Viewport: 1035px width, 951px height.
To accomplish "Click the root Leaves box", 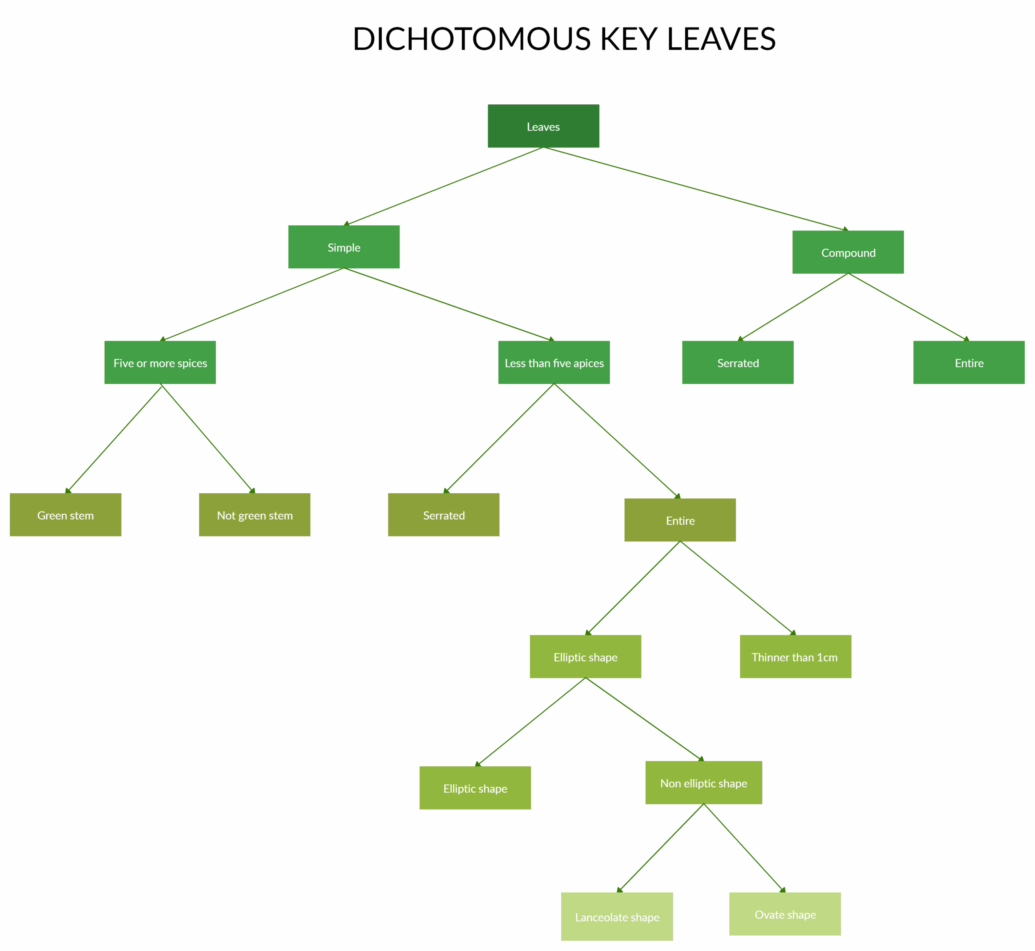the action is pyautogui.click(x=543, y=126).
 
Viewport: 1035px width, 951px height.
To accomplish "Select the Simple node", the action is pyautogui.click(x=344, y=247).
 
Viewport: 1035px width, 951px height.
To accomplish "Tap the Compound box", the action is pyautogui.click(x=848, y=252).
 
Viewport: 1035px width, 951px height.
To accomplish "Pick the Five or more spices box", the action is pyautogui.click(x=160, y=362).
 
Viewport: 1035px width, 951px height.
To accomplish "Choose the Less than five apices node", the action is pyautogui.click(x=554, y=362).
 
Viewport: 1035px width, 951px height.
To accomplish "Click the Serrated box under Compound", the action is pyautogui.click(x=737, y=362).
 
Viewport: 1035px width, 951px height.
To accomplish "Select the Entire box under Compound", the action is pyautogui.click(x=969, y=362).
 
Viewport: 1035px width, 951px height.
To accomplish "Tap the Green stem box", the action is pyautogui.click(x=65, y=515).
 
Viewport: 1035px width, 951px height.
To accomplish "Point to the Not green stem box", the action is pyautogui.click(x=255, y=515).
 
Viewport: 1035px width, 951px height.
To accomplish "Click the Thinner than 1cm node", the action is pyautogui.click(x=795, y=657).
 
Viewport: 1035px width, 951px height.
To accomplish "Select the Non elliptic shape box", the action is pyautogui.click(x=703, y=783).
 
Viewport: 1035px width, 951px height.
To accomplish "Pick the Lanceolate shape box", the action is pyautogui.click(x=617, y=917).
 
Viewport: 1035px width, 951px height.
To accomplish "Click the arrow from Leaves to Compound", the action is pyautogui.click(x=696, y=189).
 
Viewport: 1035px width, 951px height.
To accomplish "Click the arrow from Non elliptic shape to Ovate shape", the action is pyautogui.click(x=744, y=848).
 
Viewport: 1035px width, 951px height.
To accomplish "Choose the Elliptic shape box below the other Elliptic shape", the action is pyautogui.click(x=475, y=788).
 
